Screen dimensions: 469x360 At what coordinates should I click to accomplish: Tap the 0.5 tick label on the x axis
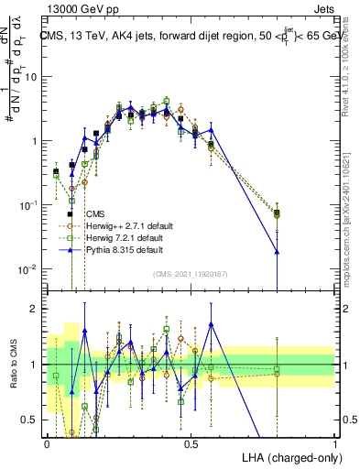click(191, 442)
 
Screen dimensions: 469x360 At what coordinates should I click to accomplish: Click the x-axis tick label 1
click(334, 442)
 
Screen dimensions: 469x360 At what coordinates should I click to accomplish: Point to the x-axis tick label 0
click(47, 442)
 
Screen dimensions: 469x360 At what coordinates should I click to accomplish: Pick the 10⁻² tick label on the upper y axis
click(29, 269)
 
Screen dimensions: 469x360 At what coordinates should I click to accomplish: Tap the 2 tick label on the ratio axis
click(36, 309)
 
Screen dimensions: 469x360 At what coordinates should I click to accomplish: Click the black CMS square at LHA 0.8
click(277, 213)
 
